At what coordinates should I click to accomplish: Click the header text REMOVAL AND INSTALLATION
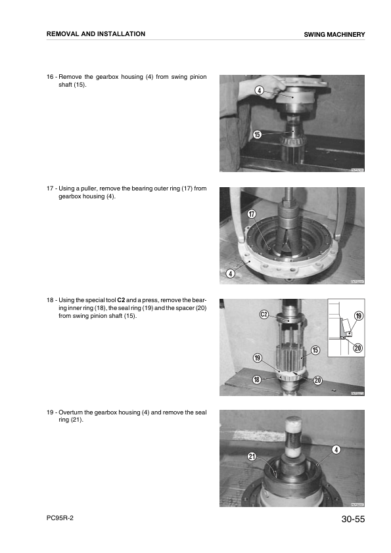click(96, 33)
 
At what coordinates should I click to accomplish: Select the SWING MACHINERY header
click(334, 34)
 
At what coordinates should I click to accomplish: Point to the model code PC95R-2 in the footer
click(60, 519)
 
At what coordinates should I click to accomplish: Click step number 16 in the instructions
click(50, 77)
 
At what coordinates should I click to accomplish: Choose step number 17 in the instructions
click(50, 188)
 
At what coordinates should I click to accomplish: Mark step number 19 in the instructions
click(50, 412)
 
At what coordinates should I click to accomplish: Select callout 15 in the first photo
click(257, 135)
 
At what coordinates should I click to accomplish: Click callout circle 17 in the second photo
click(252, 215)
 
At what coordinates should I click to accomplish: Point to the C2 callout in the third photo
click(264, 315)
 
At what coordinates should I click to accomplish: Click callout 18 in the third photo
click(257, 380)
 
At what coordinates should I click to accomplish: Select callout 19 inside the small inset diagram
click(358, 316)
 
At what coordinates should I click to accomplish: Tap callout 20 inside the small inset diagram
click(357, 347)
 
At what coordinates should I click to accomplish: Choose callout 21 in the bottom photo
click(252, 456)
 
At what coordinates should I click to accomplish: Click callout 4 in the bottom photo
click(336, 449)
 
